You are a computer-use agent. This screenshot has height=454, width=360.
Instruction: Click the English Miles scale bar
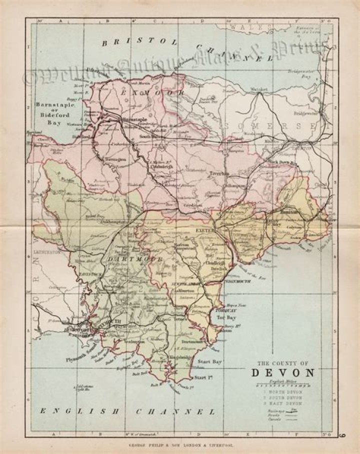click(282, 385)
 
